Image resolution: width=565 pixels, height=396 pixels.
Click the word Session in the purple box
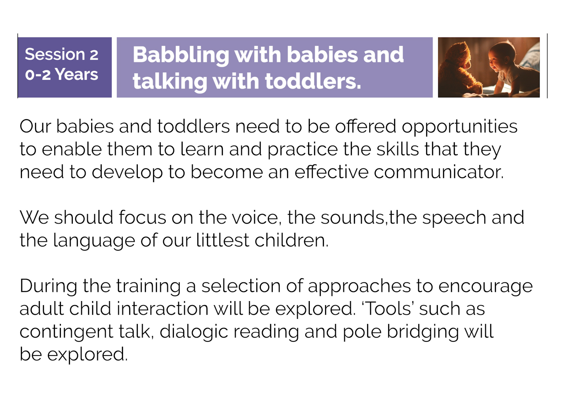tap(55, 54)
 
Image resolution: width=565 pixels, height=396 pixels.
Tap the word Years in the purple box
tap(77, 74)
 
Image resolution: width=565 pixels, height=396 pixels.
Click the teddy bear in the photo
tap(460, 69)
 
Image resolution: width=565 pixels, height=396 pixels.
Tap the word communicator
tap(439, 172)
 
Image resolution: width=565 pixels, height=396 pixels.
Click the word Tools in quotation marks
tap(389, 309)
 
